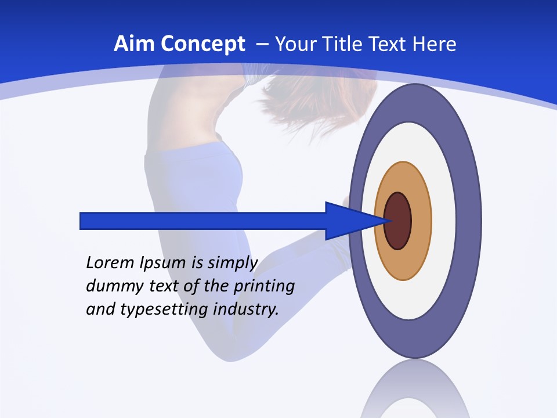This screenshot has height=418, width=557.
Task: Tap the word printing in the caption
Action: coord(265,287)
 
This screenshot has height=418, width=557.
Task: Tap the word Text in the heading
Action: coord(390,44)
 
